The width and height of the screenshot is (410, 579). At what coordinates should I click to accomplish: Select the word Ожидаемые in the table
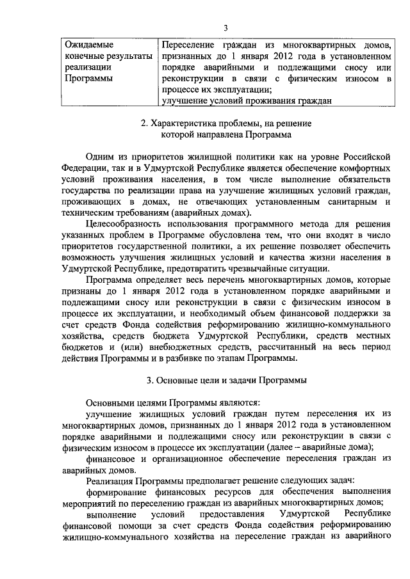pos(88,45)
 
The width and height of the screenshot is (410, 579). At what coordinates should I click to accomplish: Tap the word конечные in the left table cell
pos(86,56)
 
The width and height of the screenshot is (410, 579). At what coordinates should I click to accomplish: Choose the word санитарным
pos(347,202)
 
